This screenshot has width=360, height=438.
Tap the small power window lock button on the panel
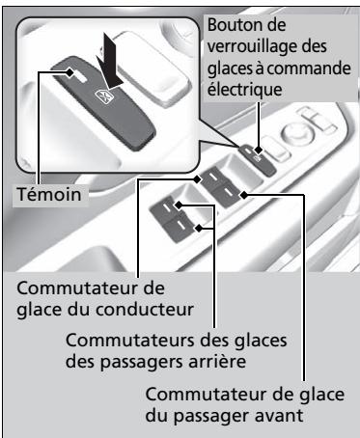point(262,155)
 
